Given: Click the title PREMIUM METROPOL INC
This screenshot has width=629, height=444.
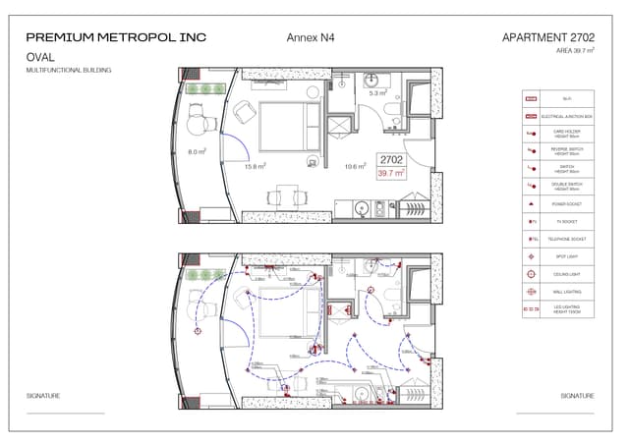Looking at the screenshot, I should click(116, 37).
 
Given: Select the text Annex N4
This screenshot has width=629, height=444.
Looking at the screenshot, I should click(311, 37).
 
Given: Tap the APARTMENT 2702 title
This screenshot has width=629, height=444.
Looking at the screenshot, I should click(547, 37).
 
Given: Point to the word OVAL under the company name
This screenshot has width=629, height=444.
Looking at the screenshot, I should click(40, 58).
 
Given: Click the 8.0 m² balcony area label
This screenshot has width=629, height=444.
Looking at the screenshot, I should click(197, 152).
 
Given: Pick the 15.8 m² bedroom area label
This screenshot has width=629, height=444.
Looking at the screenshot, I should click(255, 167).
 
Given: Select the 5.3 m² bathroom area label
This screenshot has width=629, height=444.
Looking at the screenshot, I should click(377, 93).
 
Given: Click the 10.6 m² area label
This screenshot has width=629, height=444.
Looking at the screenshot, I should click(355, 167).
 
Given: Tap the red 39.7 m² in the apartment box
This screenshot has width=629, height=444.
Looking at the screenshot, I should click(392, 173).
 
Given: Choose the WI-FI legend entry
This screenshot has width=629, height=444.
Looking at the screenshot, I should click(556, 99).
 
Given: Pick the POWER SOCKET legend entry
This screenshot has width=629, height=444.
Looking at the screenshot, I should click(556, 204).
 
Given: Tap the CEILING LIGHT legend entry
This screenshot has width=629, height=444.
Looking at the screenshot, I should click(556, 274).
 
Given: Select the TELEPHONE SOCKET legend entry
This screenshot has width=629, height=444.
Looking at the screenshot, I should click(556, 240).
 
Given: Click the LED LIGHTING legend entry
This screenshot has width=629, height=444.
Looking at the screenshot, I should click(556, 309).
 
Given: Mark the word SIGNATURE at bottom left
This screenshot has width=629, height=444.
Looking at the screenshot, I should click(43, 396).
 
